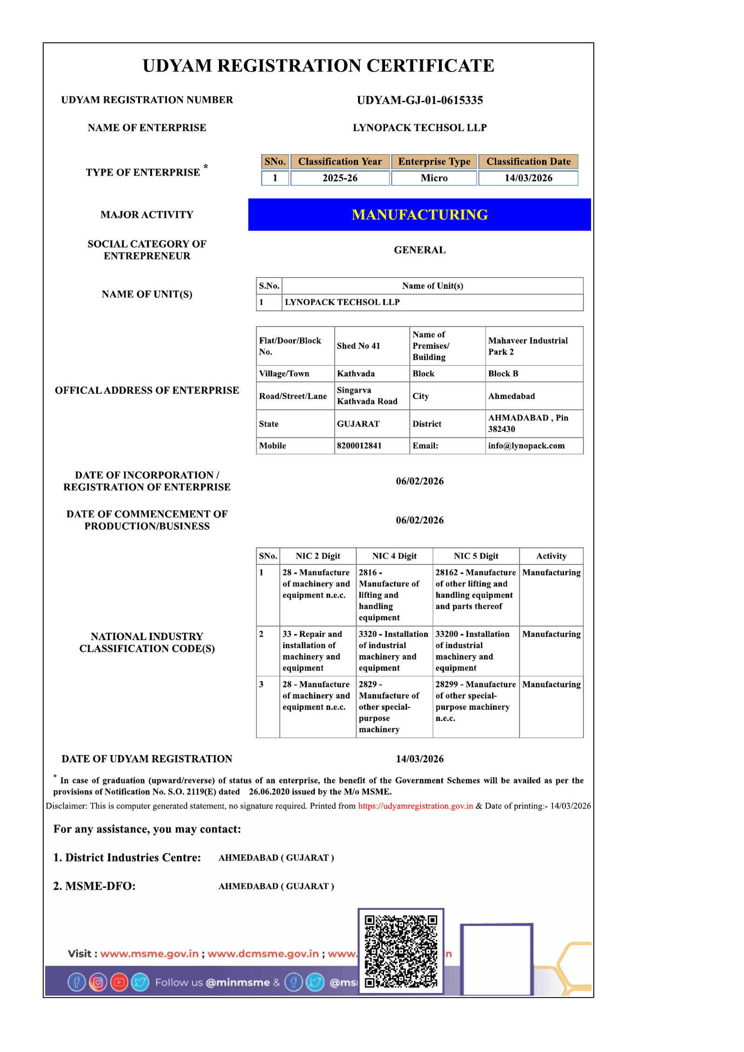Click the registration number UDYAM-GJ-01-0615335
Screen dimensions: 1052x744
click(x=419, y=100)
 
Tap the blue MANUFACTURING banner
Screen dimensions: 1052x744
click(x=419, y=214)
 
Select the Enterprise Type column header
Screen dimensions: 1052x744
click(x=434, y=161)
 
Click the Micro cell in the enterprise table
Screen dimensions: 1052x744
click(x=434, y=178)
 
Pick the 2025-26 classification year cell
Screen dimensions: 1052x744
click(x=340, y=178)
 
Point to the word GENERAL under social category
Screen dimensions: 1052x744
click(x=419, y=250)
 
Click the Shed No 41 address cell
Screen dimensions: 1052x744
click(x=359, y=346)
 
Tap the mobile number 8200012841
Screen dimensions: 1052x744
click(x=359, y=445)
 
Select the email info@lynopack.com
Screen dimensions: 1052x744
click(x=526, y=445)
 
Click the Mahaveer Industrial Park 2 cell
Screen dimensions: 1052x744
click(x=528, y=346)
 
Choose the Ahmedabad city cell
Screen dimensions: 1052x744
click(x=511, y=396)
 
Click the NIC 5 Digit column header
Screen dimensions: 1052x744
click(x=476, y=556)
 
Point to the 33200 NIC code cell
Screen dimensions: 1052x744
click(x=472, y=650)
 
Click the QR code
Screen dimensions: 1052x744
click(x=400, y=951)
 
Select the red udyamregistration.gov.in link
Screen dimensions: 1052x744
click(x=415, y=806)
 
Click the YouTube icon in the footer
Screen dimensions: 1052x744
click(x=119, y=982)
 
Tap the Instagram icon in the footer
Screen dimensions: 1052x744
click(x=98, y=982)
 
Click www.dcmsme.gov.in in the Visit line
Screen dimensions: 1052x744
click(x=263, y=954)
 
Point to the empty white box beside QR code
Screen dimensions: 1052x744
click(x=496, y=959)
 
